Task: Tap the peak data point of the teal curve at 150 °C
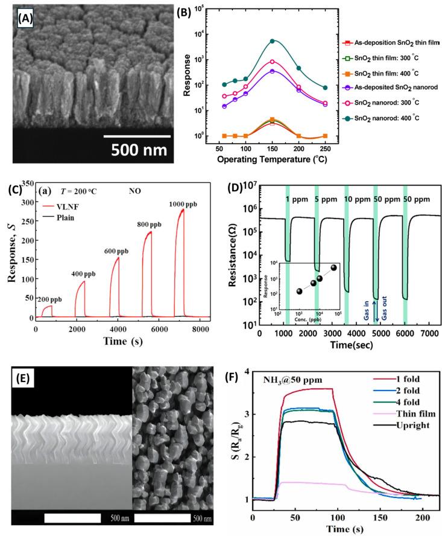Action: pyautogui.click(x=273, y=41)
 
